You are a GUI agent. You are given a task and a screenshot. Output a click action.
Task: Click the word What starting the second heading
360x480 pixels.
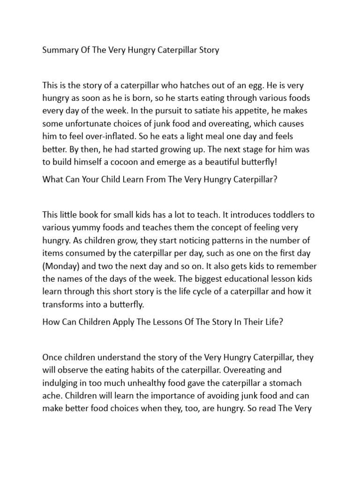coord(53,179)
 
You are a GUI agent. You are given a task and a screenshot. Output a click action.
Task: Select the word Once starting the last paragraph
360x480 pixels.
coord(53,357)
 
